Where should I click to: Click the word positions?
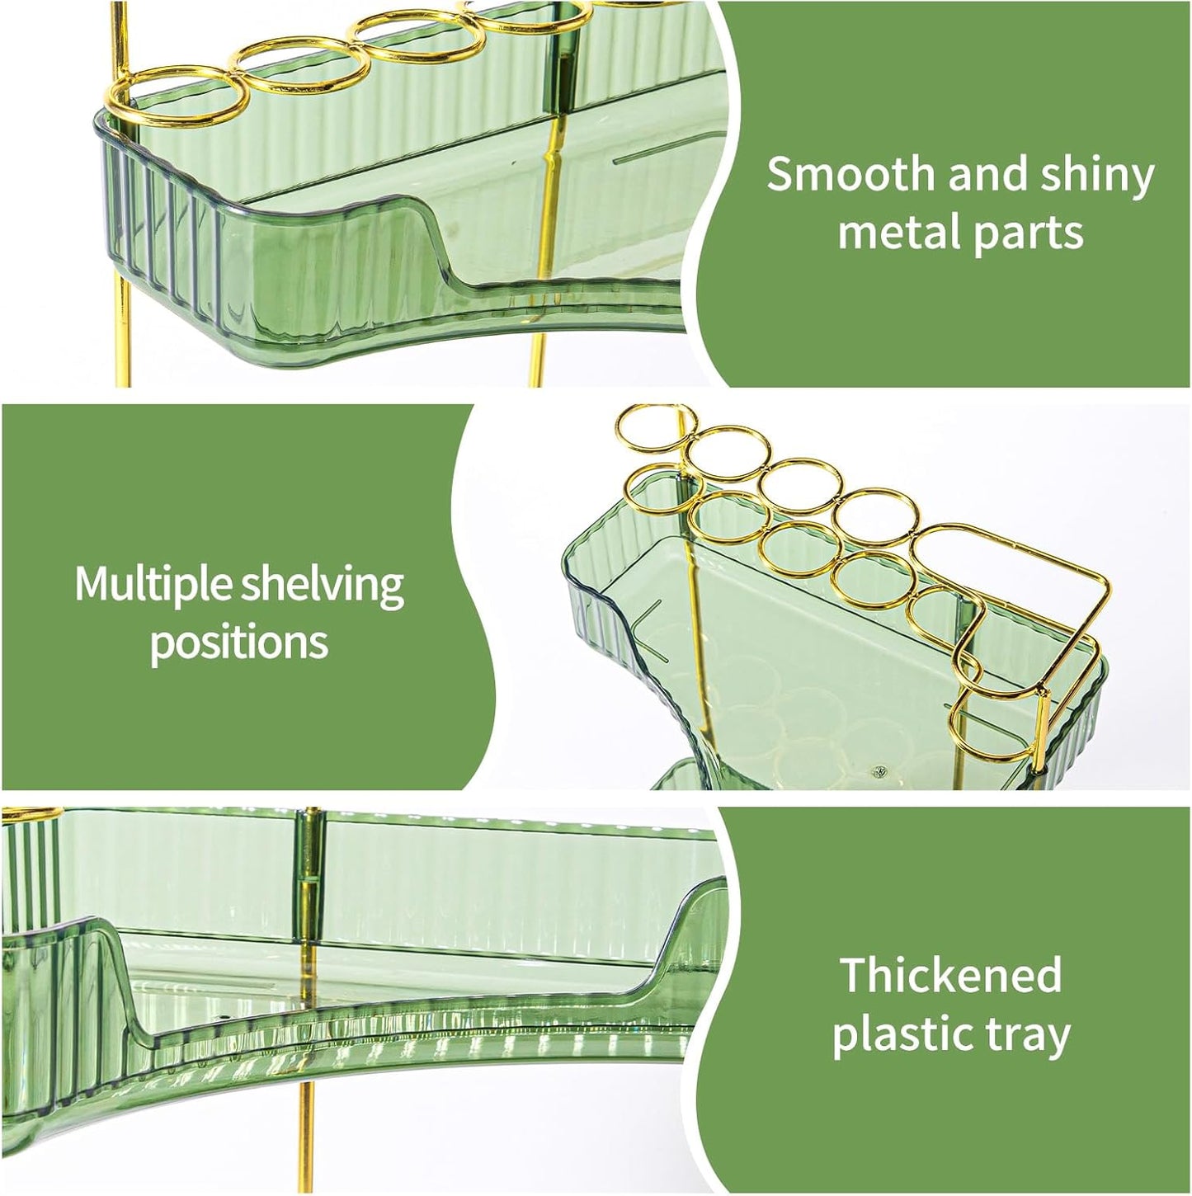[x=239, y=643]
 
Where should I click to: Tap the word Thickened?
[x=950, y=975]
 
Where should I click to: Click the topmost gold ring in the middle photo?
[x=651, y=427]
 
